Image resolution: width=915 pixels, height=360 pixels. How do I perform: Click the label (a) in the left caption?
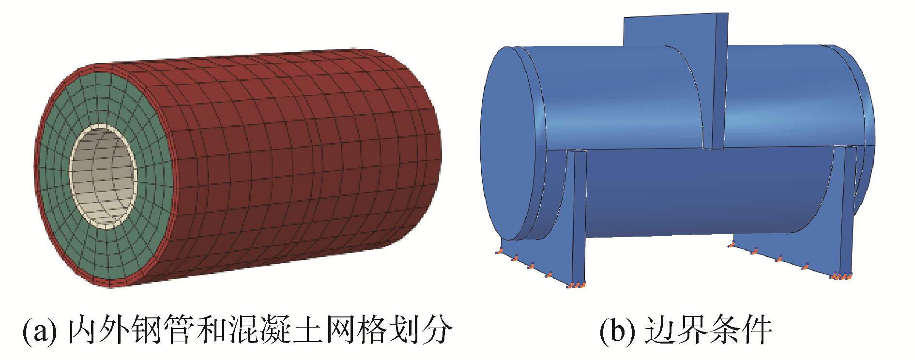pos(39,331)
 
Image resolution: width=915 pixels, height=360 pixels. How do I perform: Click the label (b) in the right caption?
pos(615,331)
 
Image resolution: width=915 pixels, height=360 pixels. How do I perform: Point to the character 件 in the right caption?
pos(756,330)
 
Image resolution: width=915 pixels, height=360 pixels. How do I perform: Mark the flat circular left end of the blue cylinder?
pos(511,145)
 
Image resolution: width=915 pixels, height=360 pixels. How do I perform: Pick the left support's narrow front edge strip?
pos(579,218)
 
